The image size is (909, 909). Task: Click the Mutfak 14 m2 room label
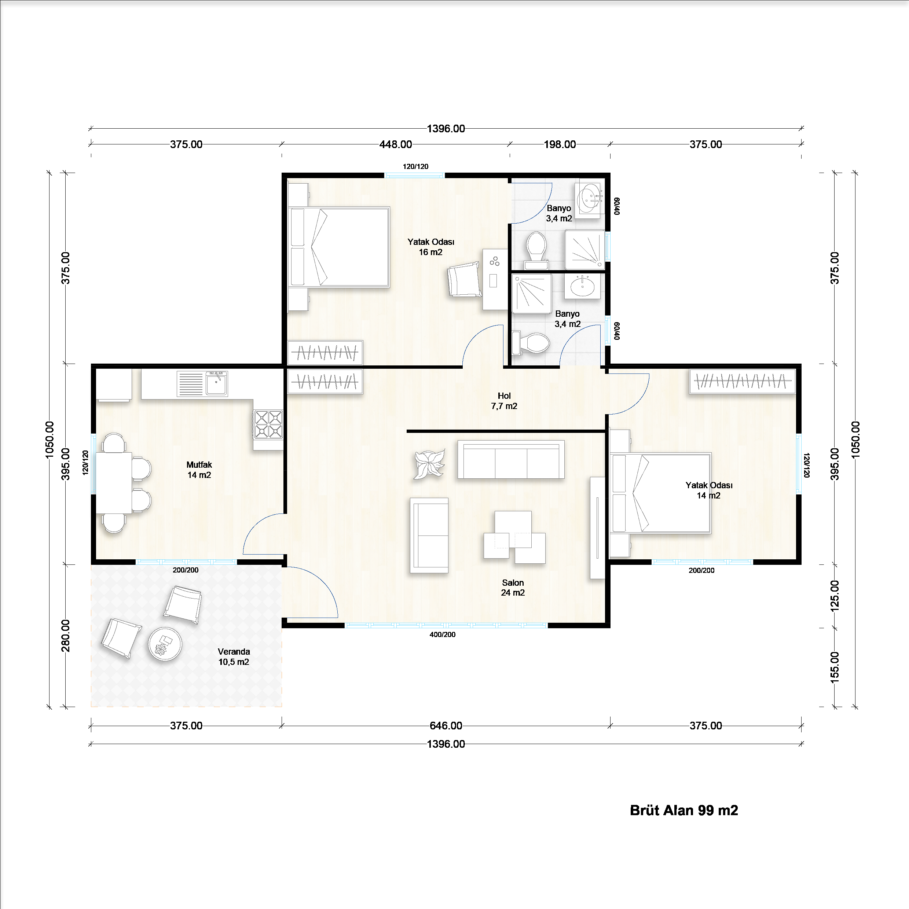coord(199,470)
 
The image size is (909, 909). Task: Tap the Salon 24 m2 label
coord(513,588)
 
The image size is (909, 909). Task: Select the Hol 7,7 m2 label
coord(504,401)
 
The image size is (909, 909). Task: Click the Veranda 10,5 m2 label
coord(234,657)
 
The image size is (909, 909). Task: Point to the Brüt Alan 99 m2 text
coord(683,810)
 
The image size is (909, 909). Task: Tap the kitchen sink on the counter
coord(216,383)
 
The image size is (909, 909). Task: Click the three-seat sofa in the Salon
coord(511,460)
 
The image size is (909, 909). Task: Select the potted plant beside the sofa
coord(429,464)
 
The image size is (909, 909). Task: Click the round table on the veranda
coord(165,644)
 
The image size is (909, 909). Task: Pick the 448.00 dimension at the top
coord(395,144)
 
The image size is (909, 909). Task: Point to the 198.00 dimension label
coord(559,144)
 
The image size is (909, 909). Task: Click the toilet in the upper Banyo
coord(536,249)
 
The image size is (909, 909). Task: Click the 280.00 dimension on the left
coord(65,636)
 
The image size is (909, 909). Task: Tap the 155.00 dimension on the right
coord(834,667)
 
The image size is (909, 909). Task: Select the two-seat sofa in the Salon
coord(429,536)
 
